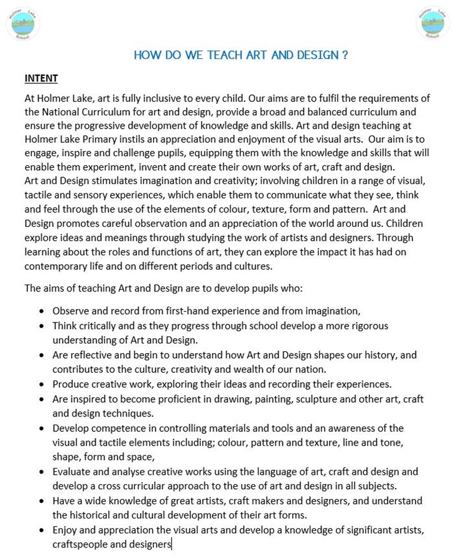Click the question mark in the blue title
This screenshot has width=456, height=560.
[x=345, y=55]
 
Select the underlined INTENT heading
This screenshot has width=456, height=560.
[x=41, y=78]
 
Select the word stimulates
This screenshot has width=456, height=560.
[x=122, y=181]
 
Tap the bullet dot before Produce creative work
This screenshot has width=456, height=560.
[x=41, y=385]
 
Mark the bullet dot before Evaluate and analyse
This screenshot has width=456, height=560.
[x=41, y=472]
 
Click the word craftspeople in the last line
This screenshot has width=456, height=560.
[x=79, y=544]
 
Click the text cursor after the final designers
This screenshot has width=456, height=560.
[x=172, y=544]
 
